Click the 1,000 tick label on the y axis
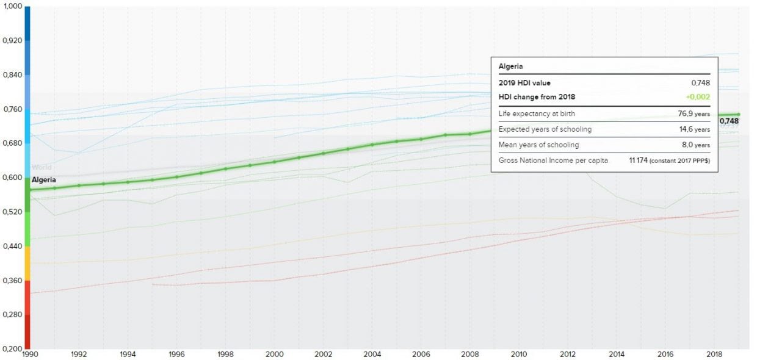tap(12, 6)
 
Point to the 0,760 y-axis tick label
tap(12, 109)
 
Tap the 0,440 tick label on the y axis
tap(12, 246)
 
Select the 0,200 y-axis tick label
tap(12, 348)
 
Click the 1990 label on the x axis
tap(29, 353)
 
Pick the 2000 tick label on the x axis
tap(275, 353)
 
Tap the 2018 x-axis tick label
tap(714, 353)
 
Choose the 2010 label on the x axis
tap(519, 353)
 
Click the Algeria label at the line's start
tap(44, 179)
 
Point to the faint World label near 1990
tap(42, 167)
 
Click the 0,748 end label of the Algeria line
tap(729, 121)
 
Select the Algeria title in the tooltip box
tap(511, 66)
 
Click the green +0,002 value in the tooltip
tap(697, 97)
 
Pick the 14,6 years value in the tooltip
tap(695, 129)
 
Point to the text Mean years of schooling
tap(538, 145)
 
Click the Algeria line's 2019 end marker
tap(738, 114)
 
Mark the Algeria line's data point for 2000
tap(275, 162)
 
